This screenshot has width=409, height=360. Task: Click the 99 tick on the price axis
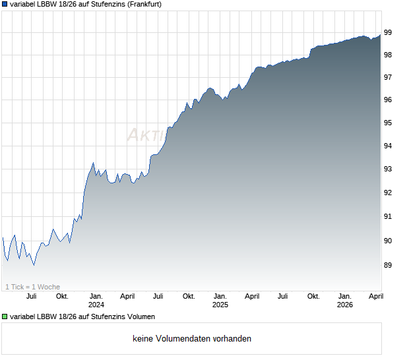pos(389,32)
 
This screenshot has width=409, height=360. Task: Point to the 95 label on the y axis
pos(389,123)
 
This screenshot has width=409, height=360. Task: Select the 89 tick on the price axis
pos(389,265)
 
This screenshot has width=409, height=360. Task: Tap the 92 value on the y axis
pos(389,193)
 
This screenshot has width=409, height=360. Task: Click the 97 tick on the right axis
pos(389,77)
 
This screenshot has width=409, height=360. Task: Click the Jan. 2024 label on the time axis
pos(96,300)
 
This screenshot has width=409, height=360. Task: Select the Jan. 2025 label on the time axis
pos(220,300)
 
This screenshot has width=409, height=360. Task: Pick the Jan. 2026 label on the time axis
pos(344,300)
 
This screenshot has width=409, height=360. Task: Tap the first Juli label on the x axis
pos(31,296)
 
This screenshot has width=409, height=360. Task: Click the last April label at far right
pos(375,296)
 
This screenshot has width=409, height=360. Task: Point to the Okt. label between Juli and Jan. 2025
pos(189,296)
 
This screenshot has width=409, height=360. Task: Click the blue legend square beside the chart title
pos(5,4)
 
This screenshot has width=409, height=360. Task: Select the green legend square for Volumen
pos(5,317)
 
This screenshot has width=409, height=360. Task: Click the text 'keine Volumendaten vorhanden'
pos(192,339)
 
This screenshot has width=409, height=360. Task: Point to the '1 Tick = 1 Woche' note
pos(32,287)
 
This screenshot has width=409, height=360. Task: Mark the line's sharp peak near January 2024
pos(93,162)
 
